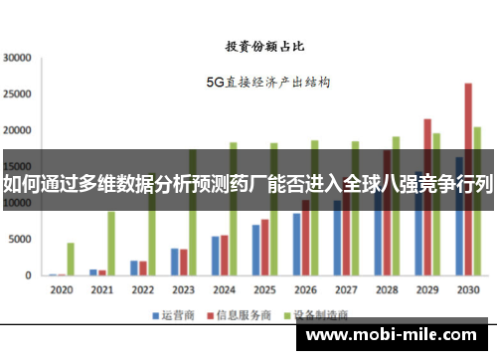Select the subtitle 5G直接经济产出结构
point(268,83)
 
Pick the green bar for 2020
point(71,259)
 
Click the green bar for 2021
point(111,244)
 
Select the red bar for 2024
point(224,255)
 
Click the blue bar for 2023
point(174,262)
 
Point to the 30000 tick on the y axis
point(19,58)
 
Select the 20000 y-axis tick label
point(19,130)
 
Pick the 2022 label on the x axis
point(142,290)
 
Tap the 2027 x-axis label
point(346,290)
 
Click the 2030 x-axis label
point(467,290)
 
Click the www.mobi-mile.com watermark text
point(399,336)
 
